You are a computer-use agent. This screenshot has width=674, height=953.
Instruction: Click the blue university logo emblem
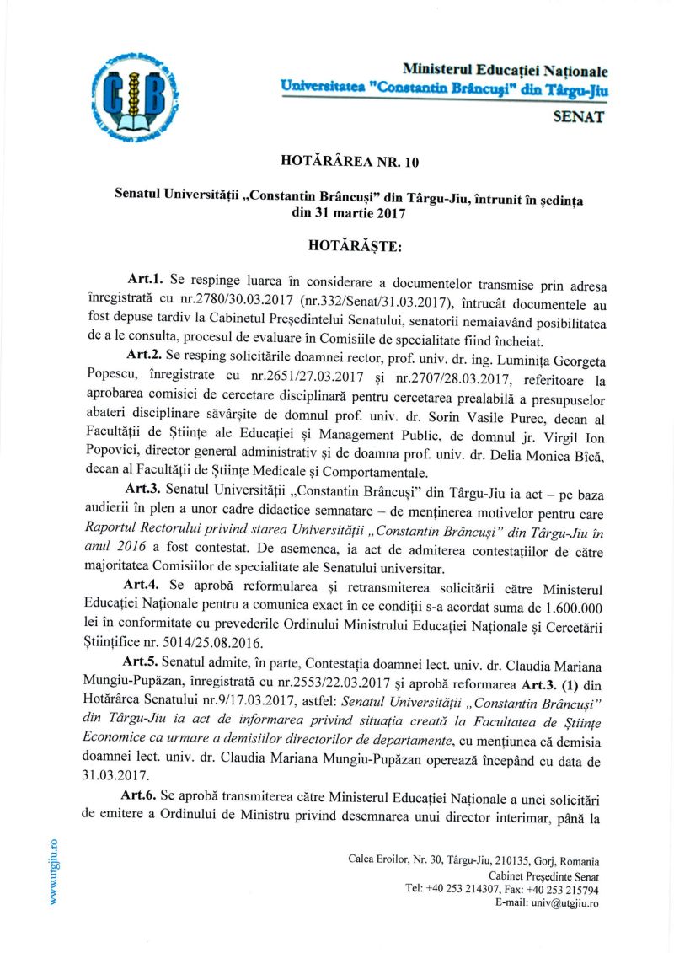point(129,93)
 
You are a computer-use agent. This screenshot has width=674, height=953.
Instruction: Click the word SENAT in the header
point(577,118)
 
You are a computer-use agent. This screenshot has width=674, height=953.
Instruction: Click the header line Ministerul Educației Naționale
point(505,71)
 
